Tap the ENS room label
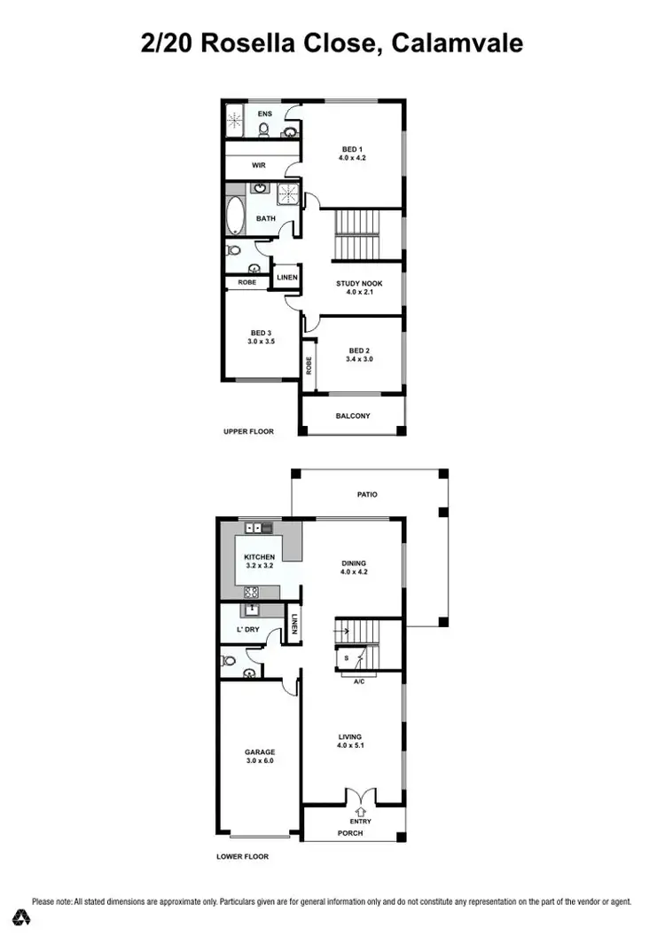pos(264,114)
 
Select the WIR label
pos(259,165)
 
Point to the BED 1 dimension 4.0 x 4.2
pos(352,158)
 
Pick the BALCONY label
pos(353,415)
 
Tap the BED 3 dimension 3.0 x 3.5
pos(261,341)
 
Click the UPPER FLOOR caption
pos(248,432)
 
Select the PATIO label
pos(367,494)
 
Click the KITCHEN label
pos(260,557)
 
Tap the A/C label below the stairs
pos(359,682)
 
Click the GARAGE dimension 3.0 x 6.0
pos(260,760)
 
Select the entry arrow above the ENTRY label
pos(359,809)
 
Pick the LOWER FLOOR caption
pos(242,857)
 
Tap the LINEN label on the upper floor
pos(286,278)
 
